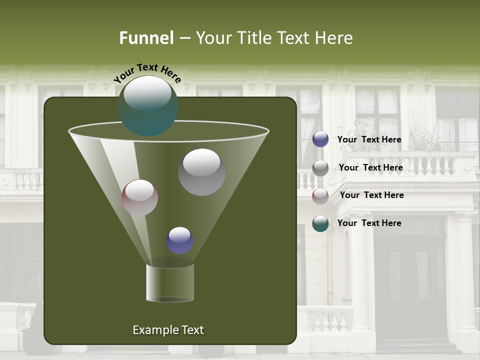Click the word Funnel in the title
(146, 38)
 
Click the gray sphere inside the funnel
(201, 172)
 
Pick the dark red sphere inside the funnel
(139, 198)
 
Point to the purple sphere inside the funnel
(179, 240)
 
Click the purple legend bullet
(320, 139)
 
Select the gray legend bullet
(320, 168)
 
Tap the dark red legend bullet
(320, 196)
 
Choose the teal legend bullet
(320, 223)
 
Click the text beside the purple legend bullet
(369, 139)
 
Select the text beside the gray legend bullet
(370, 167)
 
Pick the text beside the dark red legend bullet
(371, 195)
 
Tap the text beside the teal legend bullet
(369, 223)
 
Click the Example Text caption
(168, 330)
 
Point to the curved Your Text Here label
(147, 73)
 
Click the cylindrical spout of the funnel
(170, 282)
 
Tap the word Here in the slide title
(336, 38)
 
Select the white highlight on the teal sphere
(147, 94)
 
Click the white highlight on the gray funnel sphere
(201, 162)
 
